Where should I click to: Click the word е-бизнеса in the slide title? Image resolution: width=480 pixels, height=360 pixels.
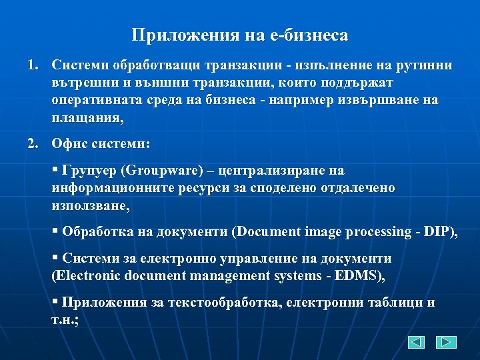click(310, 35)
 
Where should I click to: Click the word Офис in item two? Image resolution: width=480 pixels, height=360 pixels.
click(70, 143)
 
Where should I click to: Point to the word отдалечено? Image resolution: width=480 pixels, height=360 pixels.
click(353, 188)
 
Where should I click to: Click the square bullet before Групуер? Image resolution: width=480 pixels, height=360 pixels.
click(55, 169)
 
